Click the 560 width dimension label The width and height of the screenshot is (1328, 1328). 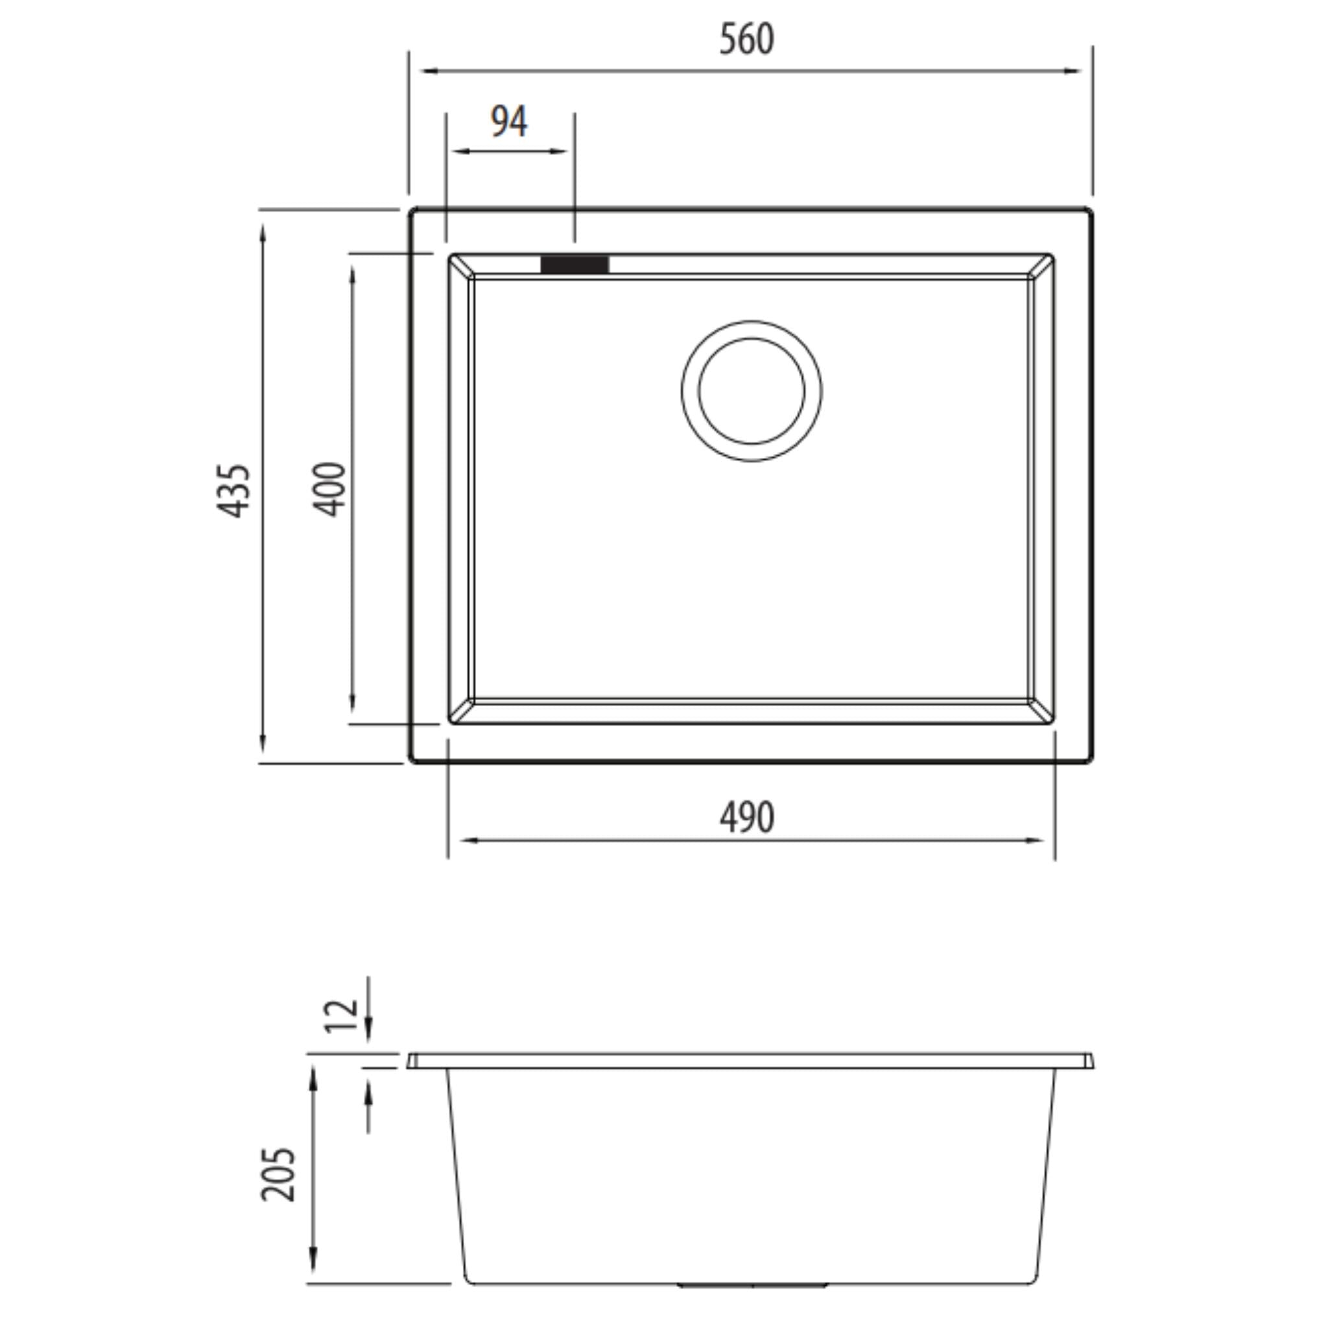click(746, 39)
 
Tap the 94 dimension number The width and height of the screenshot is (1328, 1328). click(508, 122)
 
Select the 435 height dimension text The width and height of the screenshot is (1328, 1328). click(233, 491)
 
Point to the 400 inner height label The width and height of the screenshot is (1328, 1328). click(329, 490)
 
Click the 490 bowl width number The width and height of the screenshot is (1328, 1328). click(746, 818)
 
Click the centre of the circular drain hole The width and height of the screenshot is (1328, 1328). click(752, 390)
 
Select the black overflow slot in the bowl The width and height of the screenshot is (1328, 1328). click(575, 265)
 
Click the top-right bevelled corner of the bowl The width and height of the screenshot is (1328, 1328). click(1041, 266)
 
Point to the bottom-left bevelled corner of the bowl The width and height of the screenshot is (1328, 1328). click(461, 711)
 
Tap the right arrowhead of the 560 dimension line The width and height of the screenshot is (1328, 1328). click(1074, 71)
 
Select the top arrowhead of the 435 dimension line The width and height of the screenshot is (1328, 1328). click(263, 232)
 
